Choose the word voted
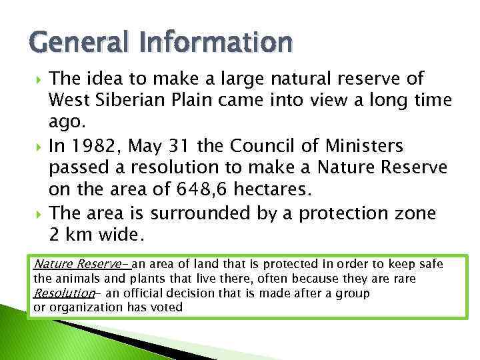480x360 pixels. pyautogui.click(x=167, y=307)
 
